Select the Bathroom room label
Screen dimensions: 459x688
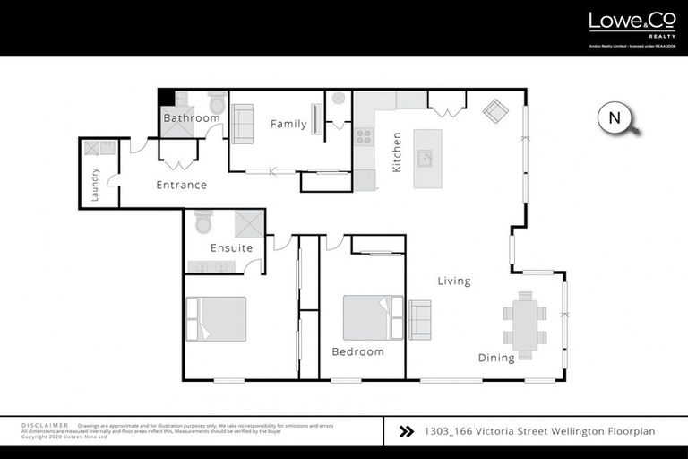[x=191, y=117]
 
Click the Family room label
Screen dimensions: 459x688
[x=288, y=124]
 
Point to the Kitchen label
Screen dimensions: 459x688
[x=397, y=152]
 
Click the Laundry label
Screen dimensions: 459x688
[x=95, y=185]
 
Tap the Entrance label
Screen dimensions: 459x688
[x=182, y=185]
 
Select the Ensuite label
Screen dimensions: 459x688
[x=231, y=247]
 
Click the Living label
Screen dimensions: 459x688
[x=453, y=281]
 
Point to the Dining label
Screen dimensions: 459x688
[x=495, y=358]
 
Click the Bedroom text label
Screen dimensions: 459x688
[x=357, y=351]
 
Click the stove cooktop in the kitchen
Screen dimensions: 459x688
[x=365, y=137]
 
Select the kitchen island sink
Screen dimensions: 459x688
[x=427, y=160]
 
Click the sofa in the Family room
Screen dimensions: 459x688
[x=242, y=124]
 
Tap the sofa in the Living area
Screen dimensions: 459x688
[x=420, y=318]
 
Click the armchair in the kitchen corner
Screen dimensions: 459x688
[x=495, y=111]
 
